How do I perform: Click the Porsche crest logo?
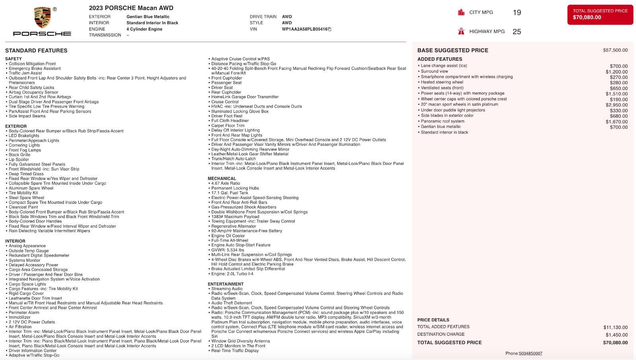[43, 18]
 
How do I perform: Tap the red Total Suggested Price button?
[600, 14]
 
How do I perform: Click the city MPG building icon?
[461, 12]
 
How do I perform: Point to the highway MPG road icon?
[461, 31]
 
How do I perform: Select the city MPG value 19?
[517, 13]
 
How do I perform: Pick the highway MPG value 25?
[517, 32]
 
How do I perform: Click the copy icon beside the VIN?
[330, 29]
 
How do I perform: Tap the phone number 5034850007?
[530, 354]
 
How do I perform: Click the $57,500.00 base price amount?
[615, 50]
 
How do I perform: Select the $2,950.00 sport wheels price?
[617, 105]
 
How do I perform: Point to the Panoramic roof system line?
[442, 121]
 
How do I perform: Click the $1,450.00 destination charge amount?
[617, 335]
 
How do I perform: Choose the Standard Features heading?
[36, 50]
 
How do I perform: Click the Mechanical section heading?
[222, 178]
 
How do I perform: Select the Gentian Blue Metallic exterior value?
[148, 17]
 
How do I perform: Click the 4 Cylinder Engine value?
[144, 29]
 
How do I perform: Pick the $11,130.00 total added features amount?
[615, 327]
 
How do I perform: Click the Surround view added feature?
[434, 72]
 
